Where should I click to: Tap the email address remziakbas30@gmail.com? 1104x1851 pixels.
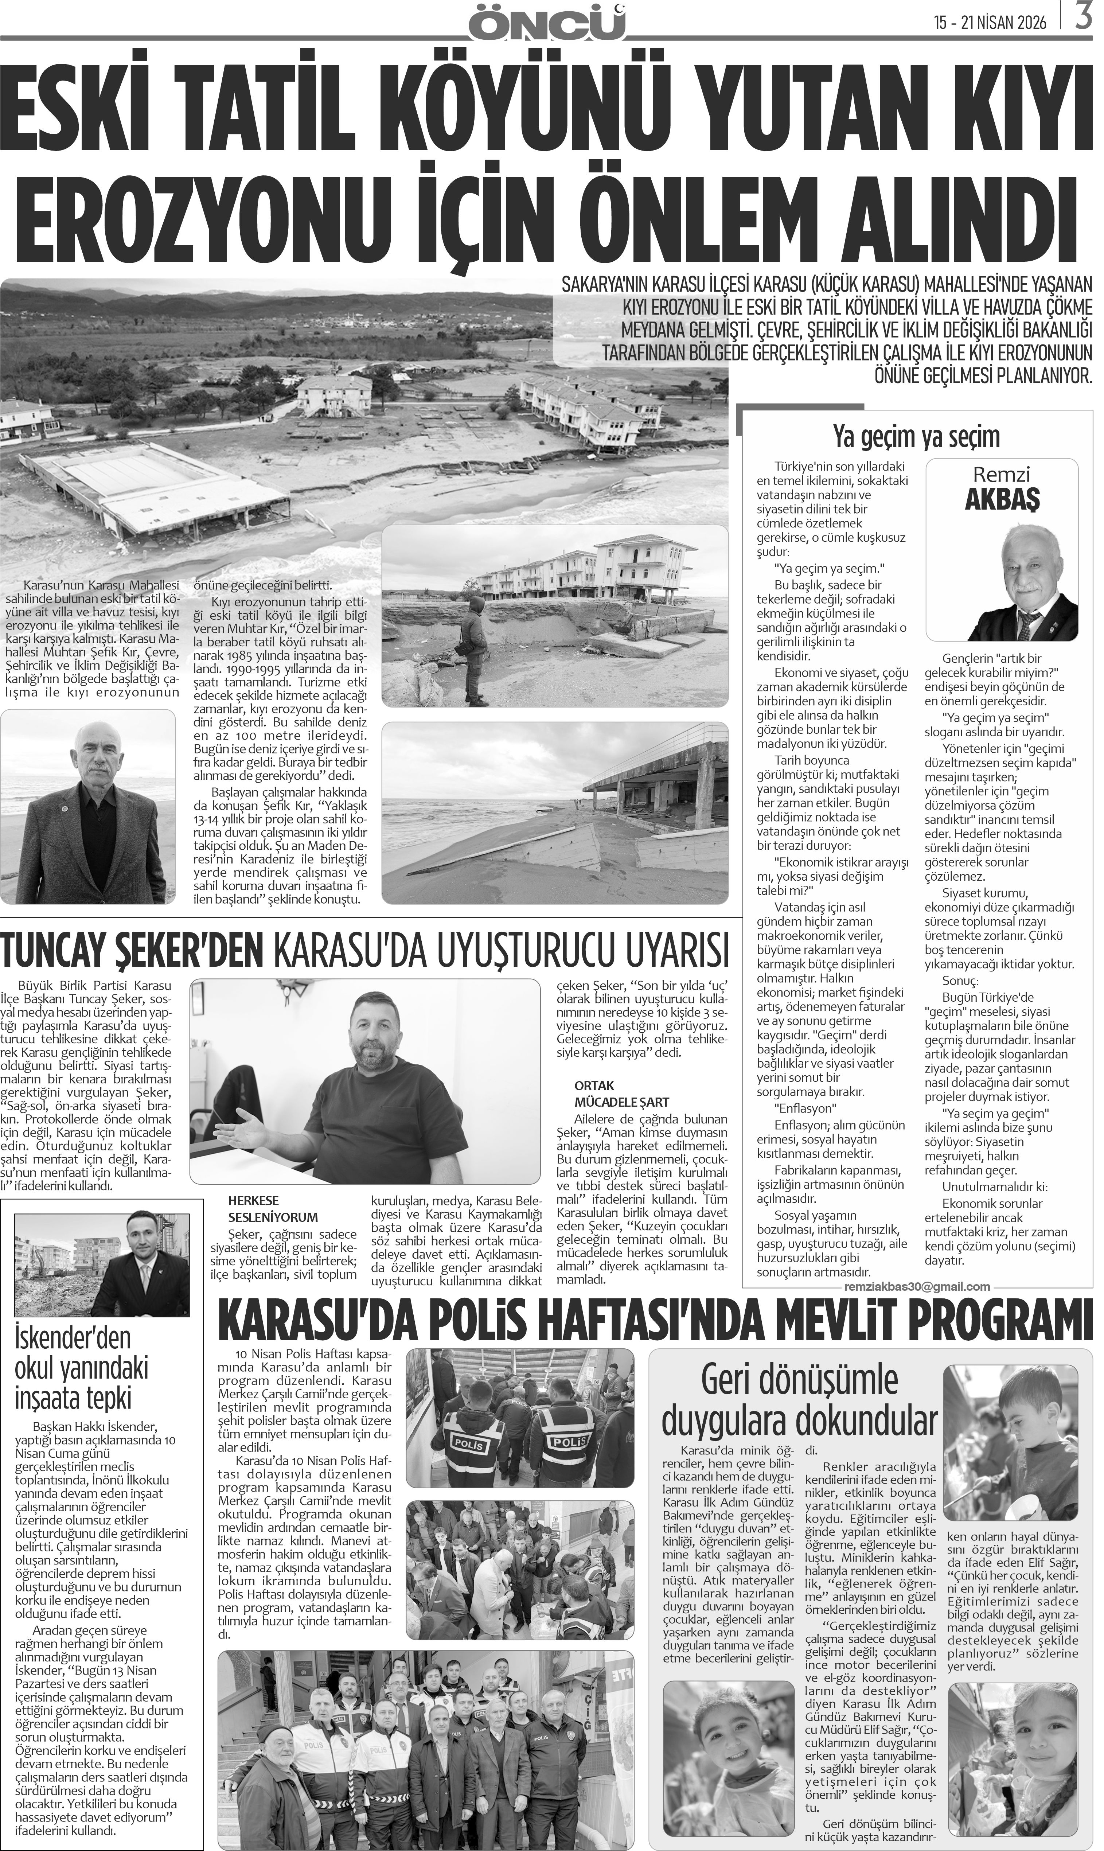[x=917, y=1286]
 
